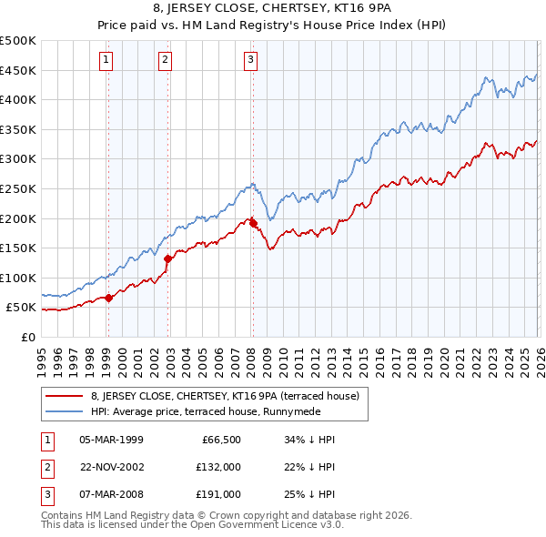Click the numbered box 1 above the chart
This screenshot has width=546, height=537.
tap(107, 61)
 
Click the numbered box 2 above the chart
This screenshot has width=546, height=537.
tap(165, 61)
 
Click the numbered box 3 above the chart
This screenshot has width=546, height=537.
tap(250, 61)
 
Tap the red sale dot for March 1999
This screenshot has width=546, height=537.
tap(108, 297)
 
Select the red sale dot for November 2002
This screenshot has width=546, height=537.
tap(168, 258)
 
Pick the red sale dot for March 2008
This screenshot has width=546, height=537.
tap(253, 223)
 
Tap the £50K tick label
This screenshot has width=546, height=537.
tap(22, 308)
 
